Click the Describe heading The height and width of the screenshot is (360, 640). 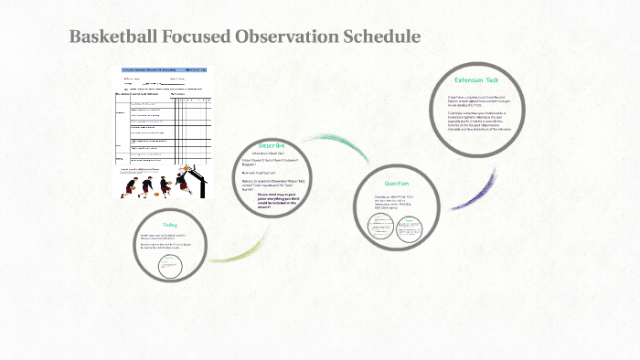[x=272, y=145]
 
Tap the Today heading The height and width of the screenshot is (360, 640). [x=170, y=225]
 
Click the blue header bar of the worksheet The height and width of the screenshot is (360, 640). [x=165, y=69]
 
